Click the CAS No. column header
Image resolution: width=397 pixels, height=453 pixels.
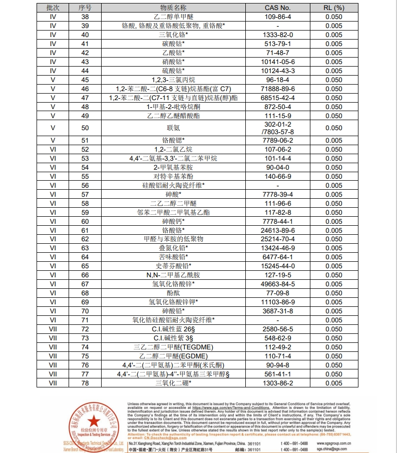[x=277, y=8]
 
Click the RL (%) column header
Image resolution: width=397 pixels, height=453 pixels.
[x=334, y=8]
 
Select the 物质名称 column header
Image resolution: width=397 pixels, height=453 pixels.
[x=173, y=8]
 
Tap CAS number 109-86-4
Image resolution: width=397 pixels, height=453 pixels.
[x=277, y=17]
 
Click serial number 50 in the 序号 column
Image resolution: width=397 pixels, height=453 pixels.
[x=85, y=128]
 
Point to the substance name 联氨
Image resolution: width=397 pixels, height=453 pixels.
[x=173, y=128]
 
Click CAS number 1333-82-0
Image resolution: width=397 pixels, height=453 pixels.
[x=277, y=35]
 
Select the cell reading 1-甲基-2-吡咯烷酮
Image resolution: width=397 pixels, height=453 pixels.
[x=173, y=107]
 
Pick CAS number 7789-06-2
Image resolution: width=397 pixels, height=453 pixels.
[x=277, y=140]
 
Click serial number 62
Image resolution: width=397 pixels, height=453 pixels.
[x=85, y=239]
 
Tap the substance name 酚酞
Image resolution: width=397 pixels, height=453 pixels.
[x=173, y=293]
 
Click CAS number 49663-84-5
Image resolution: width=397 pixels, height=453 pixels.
[x=277, y=284]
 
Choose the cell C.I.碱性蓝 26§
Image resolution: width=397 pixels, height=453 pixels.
[x=173, y=329]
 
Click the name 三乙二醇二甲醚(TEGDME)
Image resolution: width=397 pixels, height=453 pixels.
[x=173, y=347]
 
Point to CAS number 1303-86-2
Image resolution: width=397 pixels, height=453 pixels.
[x=277, y=383]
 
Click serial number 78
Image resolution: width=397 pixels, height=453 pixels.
[x=85, y=383]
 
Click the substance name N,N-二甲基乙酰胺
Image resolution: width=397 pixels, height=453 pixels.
[x=173, y=275]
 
